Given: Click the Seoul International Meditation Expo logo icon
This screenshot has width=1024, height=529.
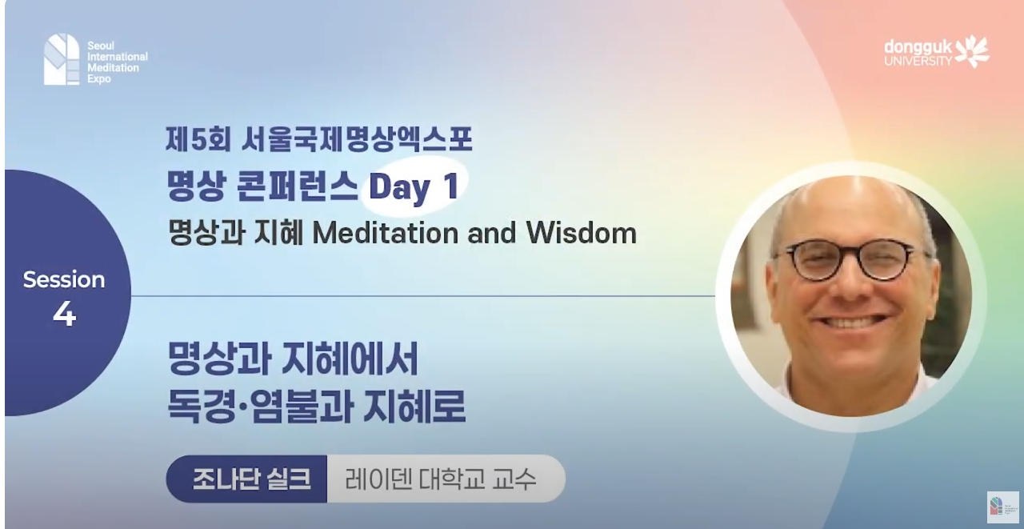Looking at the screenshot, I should point(62,59).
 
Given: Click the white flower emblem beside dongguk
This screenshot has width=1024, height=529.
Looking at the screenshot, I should point(973,51).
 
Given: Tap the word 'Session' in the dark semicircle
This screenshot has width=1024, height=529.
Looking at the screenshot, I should point(64,279).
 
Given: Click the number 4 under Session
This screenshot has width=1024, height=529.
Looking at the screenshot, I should point(64,315).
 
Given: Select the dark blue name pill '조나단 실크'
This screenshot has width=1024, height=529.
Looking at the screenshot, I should point(247,479).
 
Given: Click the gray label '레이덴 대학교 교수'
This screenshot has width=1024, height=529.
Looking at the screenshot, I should point(441,479).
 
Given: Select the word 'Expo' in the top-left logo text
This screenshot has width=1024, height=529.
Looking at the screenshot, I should point(98,79).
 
